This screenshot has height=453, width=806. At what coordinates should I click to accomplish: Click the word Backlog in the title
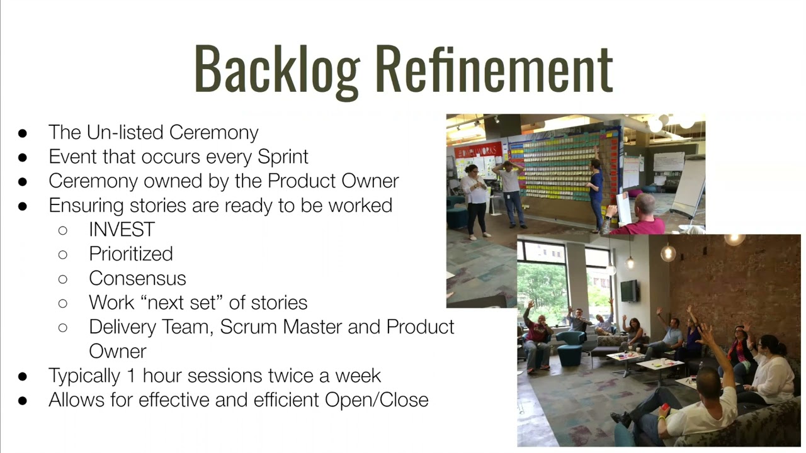click(x=277, y=69)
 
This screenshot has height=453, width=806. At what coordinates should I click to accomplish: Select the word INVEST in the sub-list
click(x=122, y=230)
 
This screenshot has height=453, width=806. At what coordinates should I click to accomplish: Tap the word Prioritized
click(x=130, y=254)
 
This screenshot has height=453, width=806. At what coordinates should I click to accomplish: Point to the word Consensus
click(x=137, y=278)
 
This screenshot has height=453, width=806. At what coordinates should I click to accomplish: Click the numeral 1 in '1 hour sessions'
click(x=130, y=376)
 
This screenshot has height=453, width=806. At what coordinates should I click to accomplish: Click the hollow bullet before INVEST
click(x=62, y=230)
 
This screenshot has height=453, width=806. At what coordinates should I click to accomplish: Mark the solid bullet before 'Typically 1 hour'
click(x=23, y=376)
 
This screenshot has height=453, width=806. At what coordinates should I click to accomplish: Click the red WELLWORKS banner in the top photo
click(x=478, y=151)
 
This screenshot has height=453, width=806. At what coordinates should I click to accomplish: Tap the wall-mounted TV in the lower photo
click(x=629, y=291)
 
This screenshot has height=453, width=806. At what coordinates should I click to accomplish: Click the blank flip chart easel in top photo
click(x=688, y=186)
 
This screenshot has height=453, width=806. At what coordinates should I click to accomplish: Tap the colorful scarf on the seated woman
click(x=737, y=352)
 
